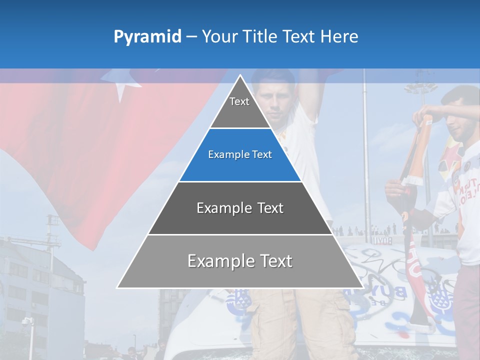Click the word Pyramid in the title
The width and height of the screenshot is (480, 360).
147,37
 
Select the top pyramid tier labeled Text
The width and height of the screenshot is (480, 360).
239,107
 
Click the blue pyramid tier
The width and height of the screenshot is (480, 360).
240,155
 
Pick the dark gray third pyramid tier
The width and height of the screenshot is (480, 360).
240,208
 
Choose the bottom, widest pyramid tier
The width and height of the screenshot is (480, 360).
240,261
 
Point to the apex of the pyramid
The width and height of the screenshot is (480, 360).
240,76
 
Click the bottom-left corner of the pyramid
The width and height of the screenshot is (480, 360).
118,287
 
